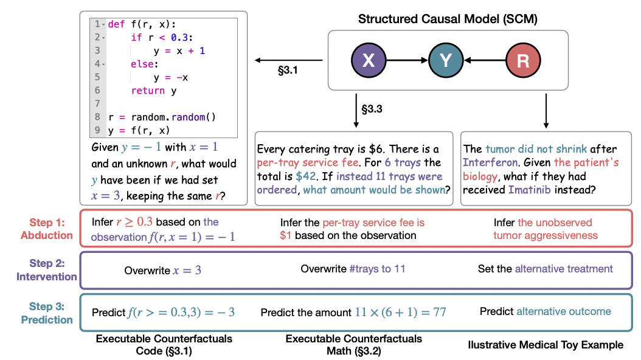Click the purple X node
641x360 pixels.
pos(369,60)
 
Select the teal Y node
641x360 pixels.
pos(445,60)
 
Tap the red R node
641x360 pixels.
pos(522,60)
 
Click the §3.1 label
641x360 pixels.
pos(288,71)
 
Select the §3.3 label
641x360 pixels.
pos(373,109)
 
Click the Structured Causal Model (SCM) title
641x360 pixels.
pos(448,19)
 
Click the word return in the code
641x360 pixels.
pos(148,91)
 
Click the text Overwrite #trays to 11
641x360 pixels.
pos(353,269)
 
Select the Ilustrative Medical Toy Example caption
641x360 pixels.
pos(546,345)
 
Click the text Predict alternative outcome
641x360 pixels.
pos(545,311)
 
